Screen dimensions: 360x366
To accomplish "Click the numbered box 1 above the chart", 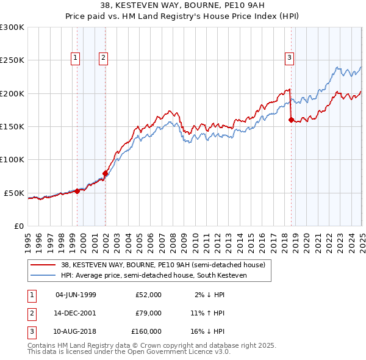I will tap(75, 58).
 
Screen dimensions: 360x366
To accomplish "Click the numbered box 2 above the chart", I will tap(103, 58).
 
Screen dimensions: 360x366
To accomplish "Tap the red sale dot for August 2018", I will tap(291, 120).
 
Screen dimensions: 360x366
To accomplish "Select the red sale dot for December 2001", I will tap(106, 173).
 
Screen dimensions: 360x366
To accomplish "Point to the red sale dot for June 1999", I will tap(77, 191).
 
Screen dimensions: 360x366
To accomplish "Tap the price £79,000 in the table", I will tap(148, 313).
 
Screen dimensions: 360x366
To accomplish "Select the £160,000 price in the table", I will tap(146, 331).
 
